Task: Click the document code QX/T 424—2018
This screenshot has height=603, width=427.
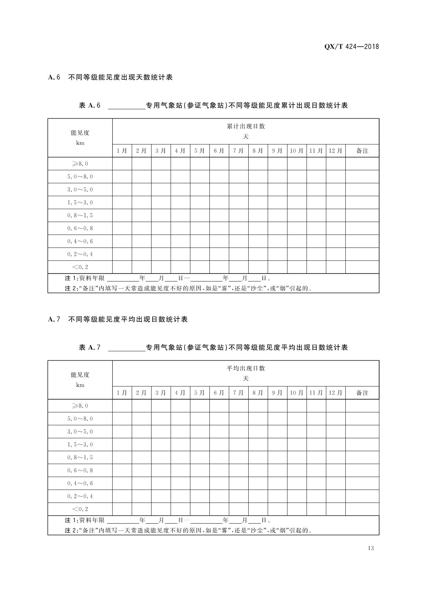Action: (x=352, y=47)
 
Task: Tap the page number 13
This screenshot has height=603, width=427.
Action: (x=371, y=548)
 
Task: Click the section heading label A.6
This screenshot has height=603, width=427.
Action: (x=54, y=77)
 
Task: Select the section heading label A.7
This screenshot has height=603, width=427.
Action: (x=54, y=319)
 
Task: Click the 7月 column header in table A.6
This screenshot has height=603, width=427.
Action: (x=238, y=151)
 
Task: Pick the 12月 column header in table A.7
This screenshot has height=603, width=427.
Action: (x=335, y=393)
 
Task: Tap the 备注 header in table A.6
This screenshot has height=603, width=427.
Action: (x=362, y=151)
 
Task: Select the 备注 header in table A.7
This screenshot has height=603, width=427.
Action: (x=362, y=393)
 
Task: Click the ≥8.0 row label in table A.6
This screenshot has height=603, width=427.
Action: (x=80, y=164)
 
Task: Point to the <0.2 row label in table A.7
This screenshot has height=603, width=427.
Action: (x=80, y=509)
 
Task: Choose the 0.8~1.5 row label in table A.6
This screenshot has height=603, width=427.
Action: (x=80, y=216)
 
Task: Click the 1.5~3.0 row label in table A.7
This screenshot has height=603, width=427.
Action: (x=80, y=445)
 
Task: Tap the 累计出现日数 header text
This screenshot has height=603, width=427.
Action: (x=246, y=127)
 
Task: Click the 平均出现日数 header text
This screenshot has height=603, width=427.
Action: (x=246, y=369)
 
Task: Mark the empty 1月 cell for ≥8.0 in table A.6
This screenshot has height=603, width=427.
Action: (x=122, y=164)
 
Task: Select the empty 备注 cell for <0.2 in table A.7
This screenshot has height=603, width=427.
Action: (x=362, y=509)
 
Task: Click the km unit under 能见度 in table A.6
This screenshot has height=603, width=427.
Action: (x=80, y=143)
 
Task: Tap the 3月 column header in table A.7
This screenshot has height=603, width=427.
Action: (x=161, y=393)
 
